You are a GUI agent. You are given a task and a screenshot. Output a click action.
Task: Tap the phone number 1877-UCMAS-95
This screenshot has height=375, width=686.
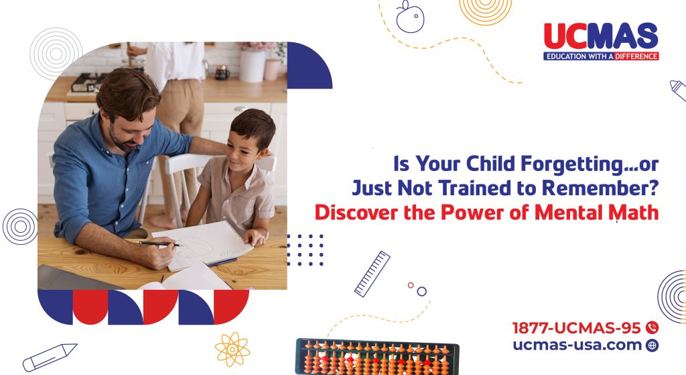577,328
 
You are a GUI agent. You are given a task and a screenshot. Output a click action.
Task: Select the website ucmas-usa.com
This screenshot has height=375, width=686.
577,345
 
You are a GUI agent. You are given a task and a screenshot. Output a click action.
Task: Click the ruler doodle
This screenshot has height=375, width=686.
372,273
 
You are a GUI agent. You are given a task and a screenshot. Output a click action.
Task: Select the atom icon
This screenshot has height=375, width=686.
232,349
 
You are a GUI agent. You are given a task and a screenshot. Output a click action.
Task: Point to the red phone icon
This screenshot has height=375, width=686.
652,328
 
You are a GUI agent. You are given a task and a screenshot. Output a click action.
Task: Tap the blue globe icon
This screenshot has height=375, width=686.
652,345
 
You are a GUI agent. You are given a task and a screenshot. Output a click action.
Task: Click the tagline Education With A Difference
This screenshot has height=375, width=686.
601,56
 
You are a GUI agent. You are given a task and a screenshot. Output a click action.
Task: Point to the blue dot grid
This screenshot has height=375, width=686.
305,250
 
